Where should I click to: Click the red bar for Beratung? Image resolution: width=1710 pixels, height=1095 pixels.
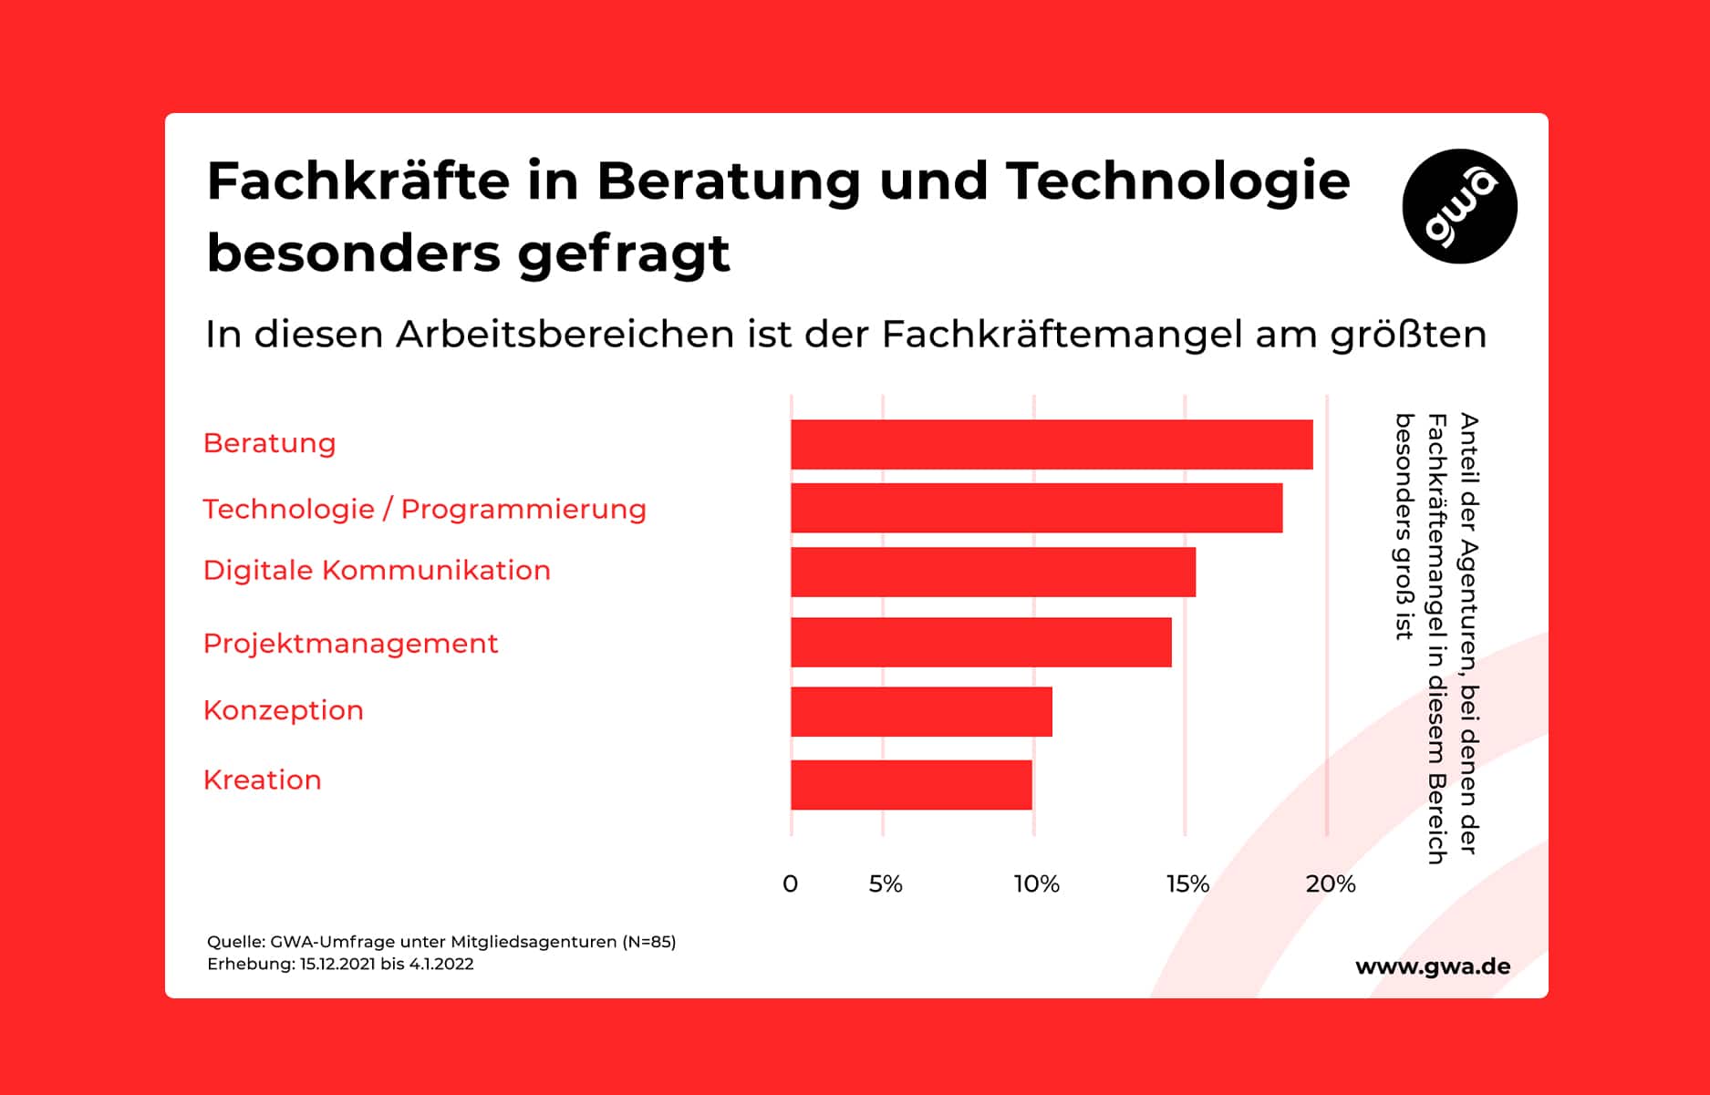coord(1051,444)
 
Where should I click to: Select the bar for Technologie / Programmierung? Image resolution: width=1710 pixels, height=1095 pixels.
coord(1036,508)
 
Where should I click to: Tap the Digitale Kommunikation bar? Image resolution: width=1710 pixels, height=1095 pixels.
coord(992,572)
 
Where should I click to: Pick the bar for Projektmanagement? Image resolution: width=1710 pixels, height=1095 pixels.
coord(980,642)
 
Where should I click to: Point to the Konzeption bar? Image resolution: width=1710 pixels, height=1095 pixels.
coord(921,711)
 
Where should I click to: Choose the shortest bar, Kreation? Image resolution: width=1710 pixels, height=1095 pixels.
coord(911,784)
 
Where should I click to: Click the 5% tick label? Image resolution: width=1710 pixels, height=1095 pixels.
coord(885,883)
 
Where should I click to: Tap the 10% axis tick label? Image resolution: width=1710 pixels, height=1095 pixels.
coord(1036,883)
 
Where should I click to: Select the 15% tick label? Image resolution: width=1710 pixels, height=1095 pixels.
coord(1187,883)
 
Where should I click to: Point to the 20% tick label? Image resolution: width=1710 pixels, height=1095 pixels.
coord(1330,883)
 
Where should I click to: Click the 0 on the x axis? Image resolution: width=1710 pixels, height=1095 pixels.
coord(790,883)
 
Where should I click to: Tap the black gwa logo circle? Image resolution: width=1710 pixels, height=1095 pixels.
coord(1459,206)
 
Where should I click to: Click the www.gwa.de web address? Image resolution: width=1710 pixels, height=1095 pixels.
coord(1432,966)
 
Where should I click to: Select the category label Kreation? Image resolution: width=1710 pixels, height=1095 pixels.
coord(262,780)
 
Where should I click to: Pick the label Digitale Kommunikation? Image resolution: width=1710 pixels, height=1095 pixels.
coord(377,570)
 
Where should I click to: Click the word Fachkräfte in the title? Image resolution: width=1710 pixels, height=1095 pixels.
coord(358,181)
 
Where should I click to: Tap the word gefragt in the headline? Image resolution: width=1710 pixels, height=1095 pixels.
coord(624,253)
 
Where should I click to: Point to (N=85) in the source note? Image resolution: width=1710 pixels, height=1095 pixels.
coord(648,942)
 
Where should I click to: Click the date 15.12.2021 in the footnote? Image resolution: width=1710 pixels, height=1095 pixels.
coord(337,965)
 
